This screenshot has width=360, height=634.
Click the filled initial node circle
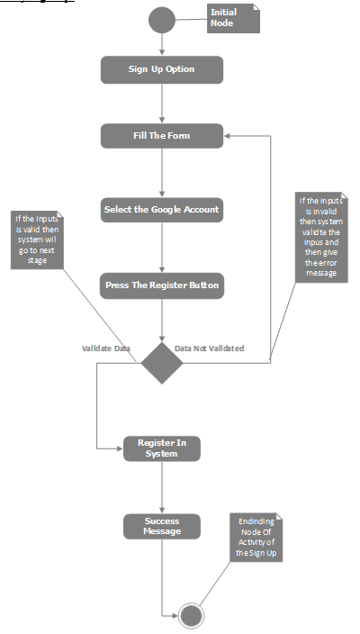[161, 19]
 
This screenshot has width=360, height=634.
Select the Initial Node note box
[233, 19]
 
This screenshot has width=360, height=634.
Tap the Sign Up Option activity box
[161, 70]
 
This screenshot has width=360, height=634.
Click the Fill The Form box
[161, 136]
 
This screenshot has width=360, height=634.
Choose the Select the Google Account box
[161, 210]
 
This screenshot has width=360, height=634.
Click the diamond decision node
[161, 362]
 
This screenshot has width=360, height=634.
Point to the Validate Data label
[107, 348]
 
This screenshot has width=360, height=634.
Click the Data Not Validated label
[209, 348]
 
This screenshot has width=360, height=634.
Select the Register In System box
[161, 448]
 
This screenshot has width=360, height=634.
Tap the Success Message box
[161, 526]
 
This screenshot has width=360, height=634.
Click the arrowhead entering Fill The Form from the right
[229, 136]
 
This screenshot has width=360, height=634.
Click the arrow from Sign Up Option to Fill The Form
[161, 104]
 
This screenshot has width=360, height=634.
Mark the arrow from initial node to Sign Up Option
[161, 43]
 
